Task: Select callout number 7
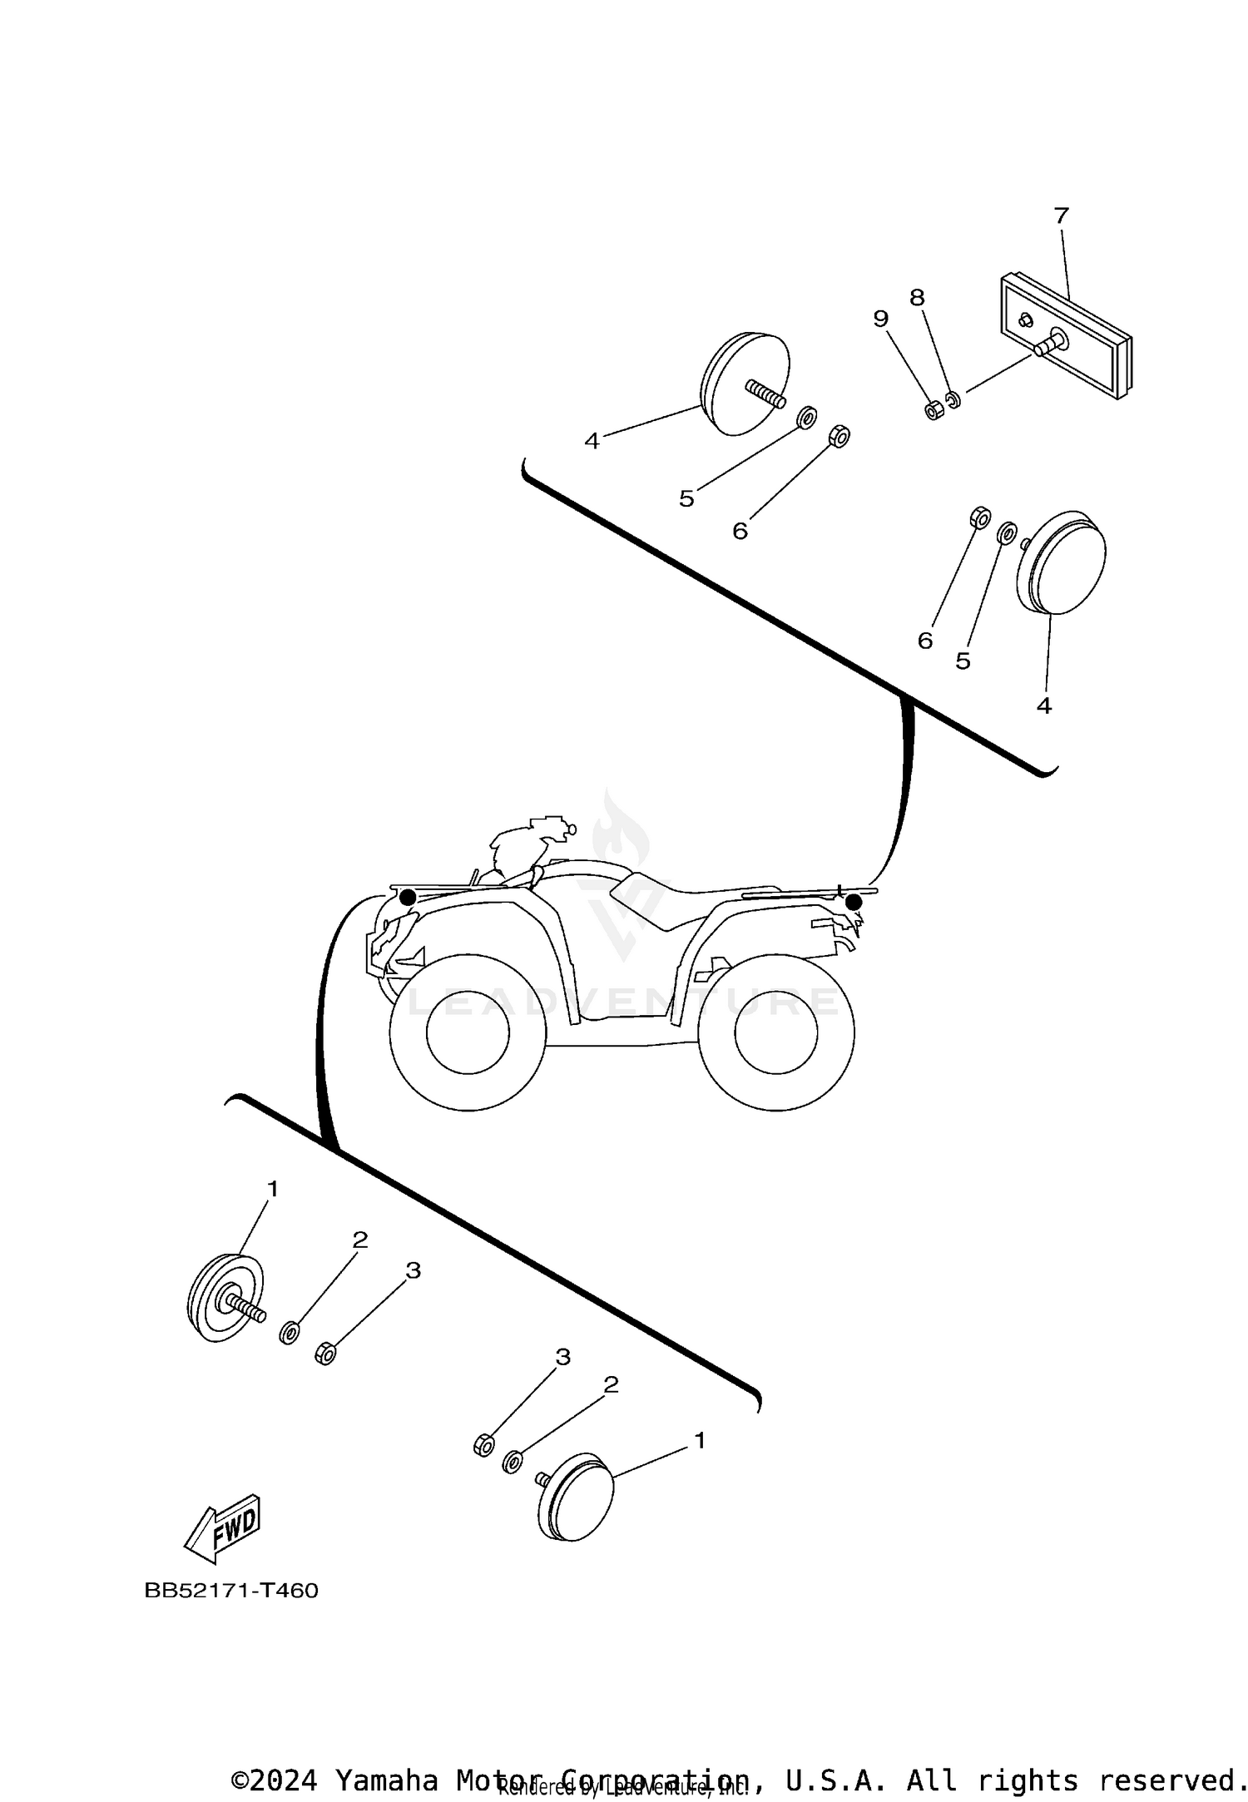pyautogui.click(x=1061, y=216)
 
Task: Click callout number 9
pyautogui.click(x=881, y=319)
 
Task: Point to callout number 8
pyautogui.click(x=917, y=298)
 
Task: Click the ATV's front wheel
pyautogui.click(x=468, y=1032)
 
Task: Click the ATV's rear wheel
pyautogui.click(x=775, y=1032)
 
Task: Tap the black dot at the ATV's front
pyautogui.click(x=408, y=897)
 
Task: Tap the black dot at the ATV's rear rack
pyautogui.click(x=853, y=901)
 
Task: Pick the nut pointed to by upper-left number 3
pyautogui.click(x=325, y=1354)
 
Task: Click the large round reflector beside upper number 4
pyautogui.click(x=745, y=383)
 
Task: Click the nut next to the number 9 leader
pyautogui.click(x=934, y=410)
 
